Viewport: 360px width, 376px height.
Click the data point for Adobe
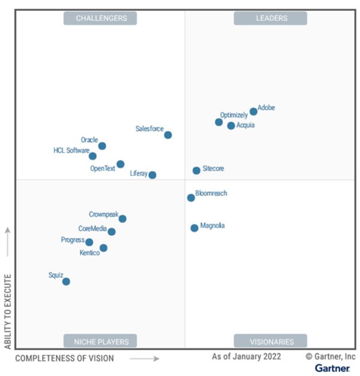point(253,111)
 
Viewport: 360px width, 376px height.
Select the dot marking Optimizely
point(219,122)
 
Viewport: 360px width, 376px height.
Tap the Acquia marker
point(231,126)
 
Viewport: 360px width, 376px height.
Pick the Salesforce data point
point(168,135)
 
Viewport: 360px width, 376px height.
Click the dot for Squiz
point(66,281)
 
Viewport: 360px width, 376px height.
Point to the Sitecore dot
point(196,170)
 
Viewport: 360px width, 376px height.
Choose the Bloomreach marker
point(191,197)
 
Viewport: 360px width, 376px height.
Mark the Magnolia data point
point(194,228)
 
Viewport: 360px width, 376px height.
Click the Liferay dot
point(152,175)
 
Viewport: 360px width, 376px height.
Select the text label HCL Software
point(71,151)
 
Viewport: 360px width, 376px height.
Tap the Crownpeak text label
point(103,214)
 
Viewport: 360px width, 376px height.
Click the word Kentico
point(89,253)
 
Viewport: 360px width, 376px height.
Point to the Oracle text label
point(89,139)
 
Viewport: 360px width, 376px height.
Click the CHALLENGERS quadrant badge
point(100,18)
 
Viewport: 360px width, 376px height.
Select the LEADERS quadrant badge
point(270,18)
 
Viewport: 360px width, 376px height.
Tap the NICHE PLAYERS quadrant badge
point(100,341)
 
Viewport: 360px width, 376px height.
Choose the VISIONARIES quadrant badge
point(270,341)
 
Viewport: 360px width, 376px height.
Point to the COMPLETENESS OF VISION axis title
point(64,358)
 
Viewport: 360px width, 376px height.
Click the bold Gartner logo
point(332,367)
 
